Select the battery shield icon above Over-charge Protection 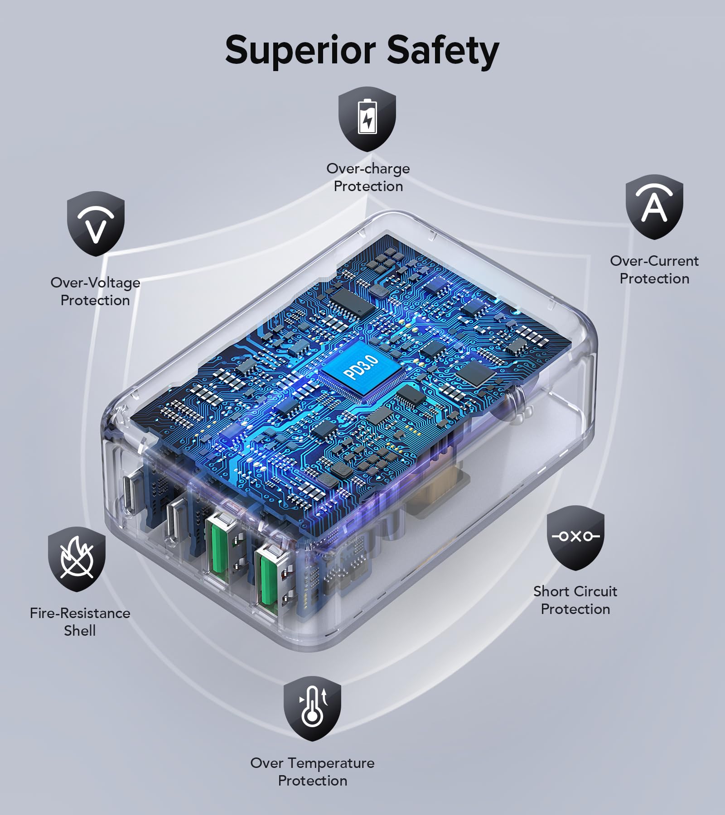[367, 119]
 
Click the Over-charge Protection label [368, 177]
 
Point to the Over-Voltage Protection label [95, 291]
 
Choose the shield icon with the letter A [654, 206]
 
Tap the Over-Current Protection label [654, 269]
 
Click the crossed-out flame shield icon [77, 559]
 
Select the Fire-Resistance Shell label [80, 621]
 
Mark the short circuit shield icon [575, 537]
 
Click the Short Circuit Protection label [575, 600]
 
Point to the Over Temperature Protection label [313, 772]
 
